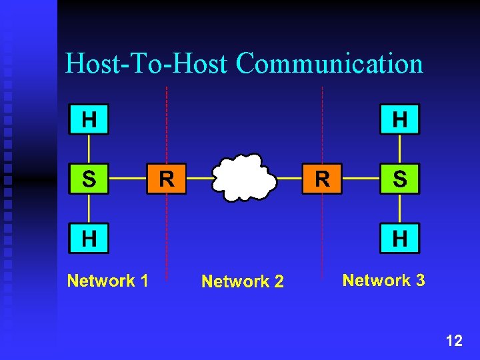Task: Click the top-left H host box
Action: point(89,120)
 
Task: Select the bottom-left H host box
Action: point(89,238)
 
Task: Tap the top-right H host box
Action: point(400,120)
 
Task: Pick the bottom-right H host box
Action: point(400,238)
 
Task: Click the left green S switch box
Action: point(89,179)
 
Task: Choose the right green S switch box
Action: point(400,179)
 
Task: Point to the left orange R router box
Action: point(167,179)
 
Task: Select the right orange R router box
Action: point(322,179)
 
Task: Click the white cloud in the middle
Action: point(244,178)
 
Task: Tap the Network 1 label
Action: point(107,281)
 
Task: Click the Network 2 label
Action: point(243,282)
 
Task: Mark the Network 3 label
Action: point(383,280)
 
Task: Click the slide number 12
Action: point(454,341)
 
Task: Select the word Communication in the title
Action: point(329,64)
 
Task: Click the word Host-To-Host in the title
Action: point(147,64)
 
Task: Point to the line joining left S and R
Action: point(127,179)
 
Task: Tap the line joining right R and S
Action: point(361,179)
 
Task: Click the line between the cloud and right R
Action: point(289,179)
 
